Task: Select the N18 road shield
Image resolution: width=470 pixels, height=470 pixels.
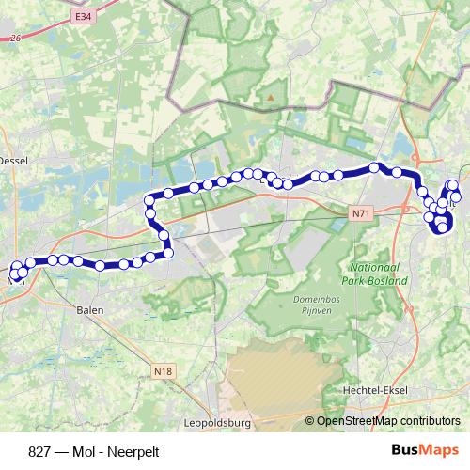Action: [x=165, y=346]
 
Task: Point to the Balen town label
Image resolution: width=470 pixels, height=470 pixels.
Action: [x=89, y=307]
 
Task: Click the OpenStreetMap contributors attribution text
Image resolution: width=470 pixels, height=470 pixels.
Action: [x=383, y=420]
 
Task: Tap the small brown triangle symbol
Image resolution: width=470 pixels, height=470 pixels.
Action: [x=271, y=96]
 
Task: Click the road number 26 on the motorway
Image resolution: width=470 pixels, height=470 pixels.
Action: [x=14, y=39]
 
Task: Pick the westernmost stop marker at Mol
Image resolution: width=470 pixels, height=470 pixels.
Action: [x=13, y=271]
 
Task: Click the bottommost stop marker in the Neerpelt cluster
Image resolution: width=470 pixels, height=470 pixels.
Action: [x=443, y=227]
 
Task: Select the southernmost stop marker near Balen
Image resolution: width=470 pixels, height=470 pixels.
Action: [x=101, y=266]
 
